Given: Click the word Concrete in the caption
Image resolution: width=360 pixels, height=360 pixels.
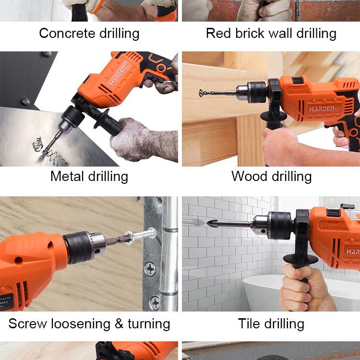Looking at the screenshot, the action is (67, 33).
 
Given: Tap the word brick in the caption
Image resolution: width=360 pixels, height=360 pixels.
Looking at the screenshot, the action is (250, 33).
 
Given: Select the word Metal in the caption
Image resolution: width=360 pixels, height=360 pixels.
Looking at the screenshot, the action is (67, 176).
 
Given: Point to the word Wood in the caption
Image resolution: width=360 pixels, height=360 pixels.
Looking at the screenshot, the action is (250, 176).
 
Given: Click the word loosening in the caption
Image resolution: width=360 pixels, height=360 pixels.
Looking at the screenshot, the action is (81, 324).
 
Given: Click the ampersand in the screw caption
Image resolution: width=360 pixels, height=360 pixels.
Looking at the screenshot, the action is (119, 324).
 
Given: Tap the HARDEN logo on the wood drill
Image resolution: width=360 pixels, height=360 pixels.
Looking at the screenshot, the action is (322, 109).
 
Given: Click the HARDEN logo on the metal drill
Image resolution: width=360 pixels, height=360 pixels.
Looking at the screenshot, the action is (118, 76).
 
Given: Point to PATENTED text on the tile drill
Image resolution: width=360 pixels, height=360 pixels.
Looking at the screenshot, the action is (335, 228).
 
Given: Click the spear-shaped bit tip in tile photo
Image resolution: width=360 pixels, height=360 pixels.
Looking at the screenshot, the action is (212, 223).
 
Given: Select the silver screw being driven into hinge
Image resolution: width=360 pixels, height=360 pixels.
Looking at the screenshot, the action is (141, 235).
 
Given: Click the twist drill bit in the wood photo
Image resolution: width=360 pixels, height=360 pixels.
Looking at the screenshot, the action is (217, 93).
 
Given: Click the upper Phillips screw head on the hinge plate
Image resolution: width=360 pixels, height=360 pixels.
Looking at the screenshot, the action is (150, 269).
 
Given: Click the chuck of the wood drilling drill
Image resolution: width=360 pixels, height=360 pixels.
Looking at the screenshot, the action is (252, 92).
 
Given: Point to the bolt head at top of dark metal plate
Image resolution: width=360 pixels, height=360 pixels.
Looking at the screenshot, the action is (48, 54).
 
